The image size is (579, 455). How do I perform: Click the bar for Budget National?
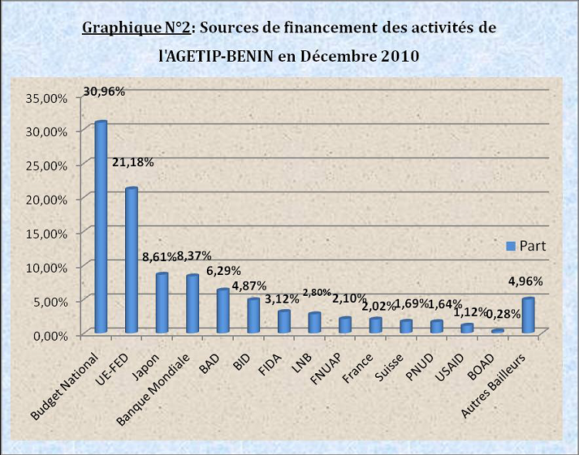[100, 227]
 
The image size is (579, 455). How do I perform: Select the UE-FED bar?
[131, 260]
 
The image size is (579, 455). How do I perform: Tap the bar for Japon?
[161, 303]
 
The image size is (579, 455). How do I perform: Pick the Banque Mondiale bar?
[192, 304]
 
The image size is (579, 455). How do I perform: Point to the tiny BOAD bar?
[497, 331]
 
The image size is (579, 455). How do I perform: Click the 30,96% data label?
[103, 90]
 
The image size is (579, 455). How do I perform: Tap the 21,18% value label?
[133, 162]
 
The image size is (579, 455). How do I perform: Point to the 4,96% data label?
[527, 280]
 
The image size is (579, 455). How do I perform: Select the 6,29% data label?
[224, 270]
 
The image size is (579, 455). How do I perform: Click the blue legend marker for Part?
[510, 246]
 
